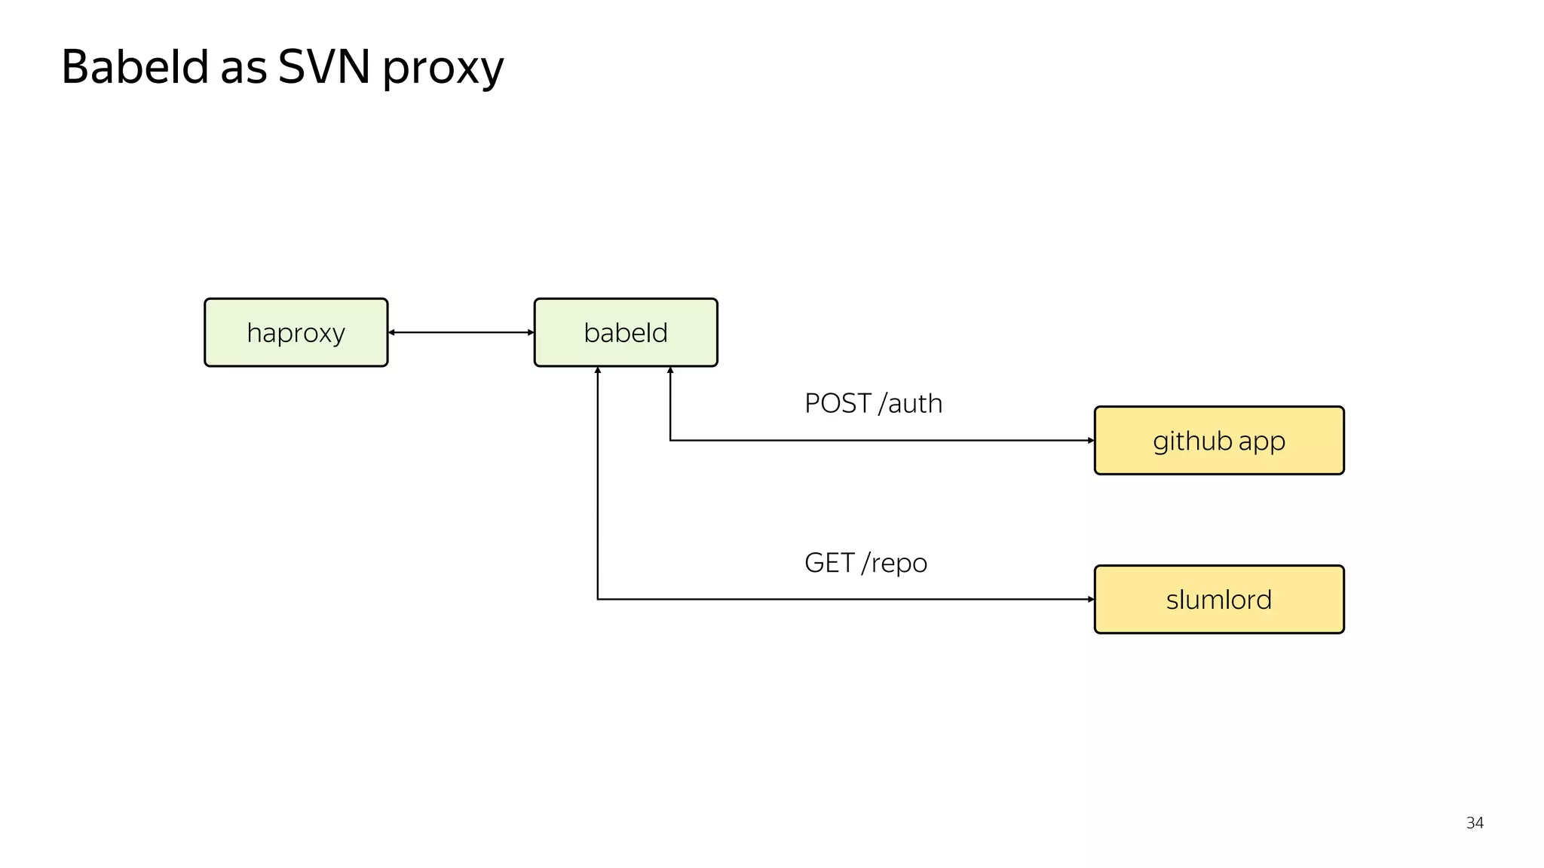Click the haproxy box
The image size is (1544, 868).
296,332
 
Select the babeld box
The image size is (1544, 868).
626,332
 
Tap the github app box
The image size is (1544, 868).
1218,441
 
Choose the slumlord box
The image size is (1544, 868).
1218,600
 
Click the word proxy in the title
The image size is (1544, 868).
443,69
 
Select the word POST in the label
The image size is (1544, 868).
838,404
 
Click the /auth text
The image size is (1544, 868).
911,404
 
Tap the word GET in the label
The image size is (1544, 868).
829,563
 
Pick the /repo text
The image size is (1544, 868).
895,564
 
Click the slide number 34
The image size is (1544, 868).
1475,823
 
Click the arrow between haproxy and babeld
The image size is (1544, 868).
461,332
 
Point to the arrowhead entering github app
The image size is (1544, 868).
1090,441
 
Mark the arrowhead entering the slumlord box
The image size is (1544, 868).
1090,600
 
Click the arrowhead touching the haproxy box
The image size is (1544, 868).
392,332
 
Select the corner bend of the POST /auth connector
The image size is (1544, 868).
670,441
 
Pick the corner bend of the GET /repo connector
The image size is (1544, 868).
598,600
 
